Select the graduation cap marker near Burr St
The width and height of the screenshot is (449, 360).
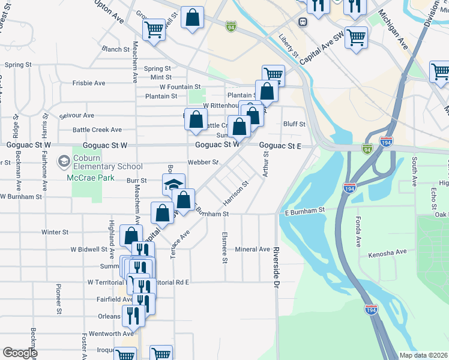tap(173, 185)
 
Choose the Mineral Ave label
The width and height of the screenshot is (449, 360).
tap(253, 249)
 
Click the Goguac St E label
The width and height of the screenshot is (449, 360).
tap(280, 145)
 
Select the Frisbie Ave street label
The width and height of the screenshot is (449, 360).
tap(89, 83)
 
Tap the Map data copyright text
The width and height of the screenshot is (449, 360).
tap(424, 355)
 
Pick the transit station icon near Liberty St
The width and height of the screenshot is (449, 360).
tap(303, 22)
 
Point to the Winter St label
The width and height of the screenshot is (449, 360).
tap(55, 232)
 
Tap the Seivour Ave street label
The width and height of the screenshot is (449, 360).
tap(77, 115)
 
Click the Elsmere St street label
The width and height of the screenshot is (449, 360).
tap(224, 247)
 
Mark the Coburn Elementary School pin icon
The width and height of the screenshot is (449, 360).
tap(63, 161)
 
